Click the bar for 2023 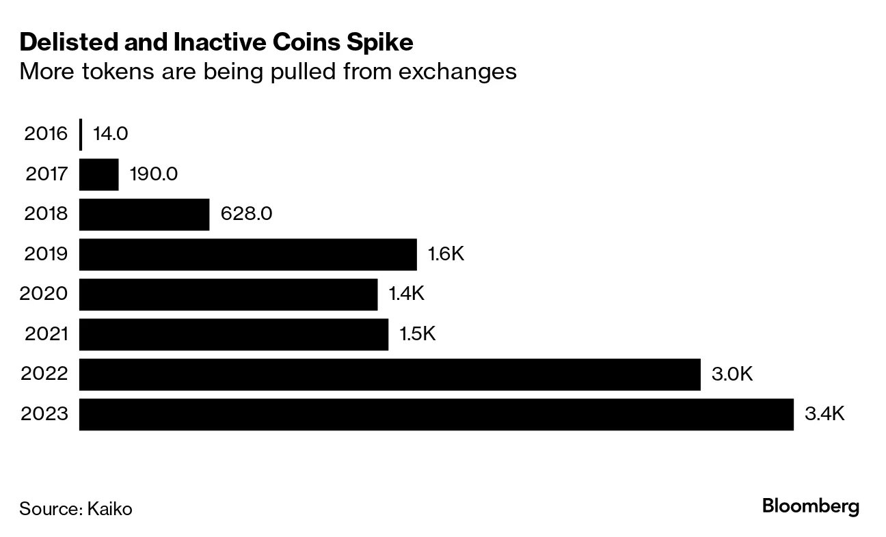(x=436, y=415)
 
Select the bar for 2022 (x=390, y=374)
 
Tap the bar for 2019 (x=247, y=254)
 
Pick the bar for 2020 (x=228, y=294)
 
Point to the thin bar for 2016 (x=81, y=134)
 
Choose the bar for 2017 (x=98, y=174)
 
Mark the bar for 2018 (x=144, y=215)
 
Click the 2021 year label (x=46, y=334)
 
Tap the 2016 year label (x=46, y=134)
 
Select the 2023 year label (x=45, y=415)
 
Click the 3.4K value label (x=825, y=414)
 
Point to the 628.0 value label (x=246, y=215)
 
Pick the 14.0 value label (x=110, y=134)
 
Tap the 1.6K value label (x=446, y=254)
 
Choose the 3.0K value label (x=731, y=374)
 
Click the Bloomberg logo (x=810, y=507)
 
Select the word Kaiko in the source (x=109, y=509)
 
